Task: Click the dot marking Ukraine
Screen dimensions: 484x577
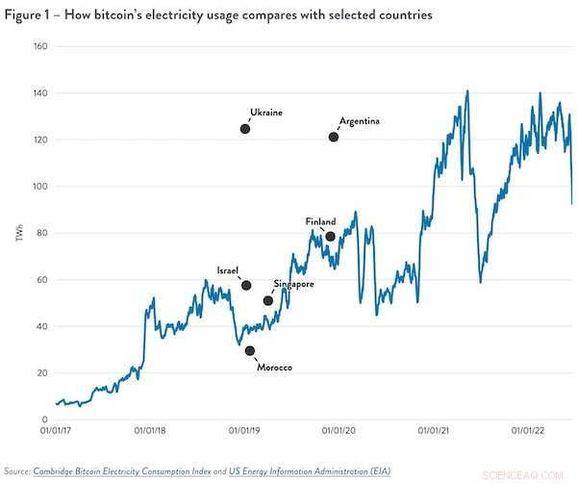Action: pyautogui.click(x=245, y=129)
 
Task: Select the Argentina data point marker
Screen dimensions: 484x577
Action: pyautogui.click(x=334, y=137)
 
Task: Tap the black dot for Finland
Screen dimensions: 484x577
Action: pyautogui.click(x=330, y=237)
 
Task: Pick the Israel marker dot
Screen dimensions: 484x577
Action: pyautogui.click(x=246, y=286)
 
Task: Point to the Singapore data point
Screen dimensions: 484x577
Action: pyautogui.click(x=268, y=301)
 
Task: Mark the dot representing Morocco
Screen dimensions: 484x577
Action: pyautogui.click(x=250, y=351)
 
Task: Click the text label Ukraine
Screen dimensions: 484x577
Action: pyautogui.click(x=265, y=113)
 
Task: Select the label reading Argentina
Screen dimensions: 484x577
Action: pyautogui.click(x=360, y=121)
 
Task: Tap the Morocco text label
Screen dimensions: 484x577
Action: pyautogui.click(x=274, y=368)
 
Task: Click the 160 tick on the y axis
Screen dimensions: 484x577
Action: pyautogui.click(x=41, y=46)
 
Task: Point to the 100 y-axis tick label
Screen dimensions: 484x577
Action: pyautogui.click(x=41, y=186)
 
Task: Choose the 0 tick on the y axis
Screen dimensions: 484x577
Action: pyautogui.click(x=45, y=420)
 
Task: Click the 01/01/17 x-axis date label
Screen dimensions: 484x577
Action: pyautogui.click(x=58, y=433)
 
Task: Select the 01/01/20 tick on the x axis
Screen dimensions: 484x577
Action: pyautogui.click(x=340, y=433)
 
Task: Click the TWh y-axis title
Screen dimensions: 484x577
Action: pyautogui.click(x=18, y=233)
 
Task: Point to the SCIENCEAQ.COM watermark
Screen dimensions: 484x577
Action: pyautogui.click(x=533, y=475)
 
